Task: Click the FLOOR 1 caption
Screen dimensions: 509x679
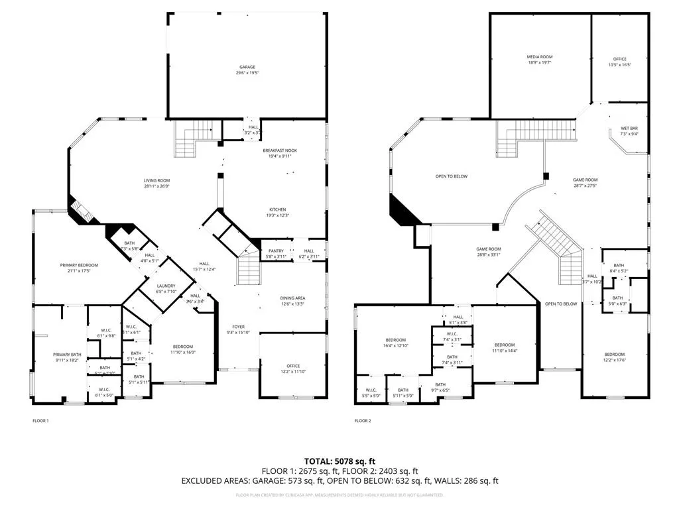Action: [40, 421]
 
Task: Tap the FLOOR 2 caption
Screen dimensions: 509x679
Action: [362, 421]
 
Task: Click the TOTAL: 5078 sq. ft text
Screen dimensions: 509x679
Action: [339, 461]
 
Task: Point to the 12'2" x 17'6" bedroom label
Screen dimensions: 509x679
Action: [613, 357]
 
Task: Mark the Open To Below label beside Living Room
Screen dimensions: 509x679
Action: [452, 176]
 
